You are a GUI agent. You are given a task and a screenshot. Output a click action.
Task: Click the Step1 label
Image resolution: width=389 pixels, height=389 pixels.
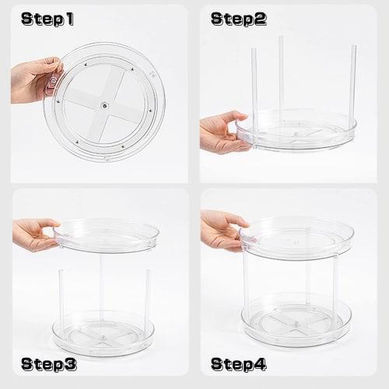coord(47,19)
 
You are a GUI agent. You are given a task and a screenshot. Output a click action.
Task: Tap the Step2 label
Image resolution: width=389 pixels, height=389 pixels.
coord(238,19)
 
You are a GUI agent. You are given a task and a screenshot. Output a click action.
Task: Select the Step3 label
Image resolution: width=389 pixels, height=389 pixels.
coord(48,363)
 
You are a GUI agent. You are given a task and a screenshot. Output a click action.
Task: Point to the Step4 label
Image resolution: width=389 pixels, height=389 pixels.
coord(238,363)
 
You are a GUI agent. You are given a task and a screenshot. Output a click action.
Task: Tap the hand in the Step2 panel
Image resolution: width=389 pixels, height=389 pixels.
coord(222,131)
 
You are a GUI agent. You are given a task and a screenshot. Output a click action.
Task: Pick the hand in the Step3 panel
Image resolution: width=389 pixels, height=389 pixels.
coord(34,232)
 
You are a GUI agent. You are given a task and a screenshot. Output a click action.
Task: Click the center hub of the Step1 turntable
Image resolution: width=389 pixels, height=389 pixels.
coord(104,103)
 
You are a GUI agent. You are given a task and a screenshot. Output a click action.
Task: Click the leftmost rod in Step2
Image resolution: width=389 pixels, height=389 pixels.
coord(253,86)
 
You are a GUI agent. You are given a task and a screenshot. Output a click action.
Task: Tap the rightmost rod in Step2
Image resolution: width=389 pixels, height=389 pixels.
coord(352,82)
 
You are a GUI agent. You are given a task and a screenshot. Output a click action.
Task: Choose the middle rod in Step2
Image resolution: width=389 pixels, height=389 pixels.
coord(281,78)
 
